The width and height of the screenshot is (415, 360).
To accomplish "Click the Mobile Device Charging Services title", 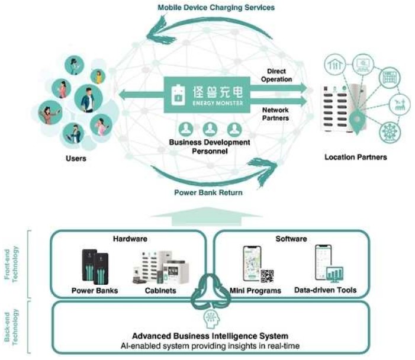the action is [x=216, y=8].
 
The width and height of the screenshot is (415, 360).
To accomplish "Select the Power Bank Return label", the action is [x=208, y=192].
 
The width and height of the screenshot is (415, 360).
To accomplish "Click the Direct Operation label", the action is [x=276, y=75].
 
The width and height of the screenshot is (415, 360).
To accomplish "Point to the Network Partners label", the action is [x=275, y=114].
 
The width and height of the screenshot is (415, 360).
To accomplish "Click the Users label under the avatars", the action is [x=76, y=158].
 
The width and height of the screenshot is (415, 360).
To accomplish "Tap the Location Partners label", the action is [x=356, y=157].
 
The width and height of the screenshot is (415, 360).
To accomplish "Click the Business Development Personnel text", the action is [x=210, y=147].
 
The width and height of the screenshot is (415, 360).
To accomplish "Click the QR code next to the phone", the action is [x=267, y=276].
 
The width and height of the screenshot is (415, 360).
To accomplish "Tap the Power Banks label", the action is [x=95, y=290].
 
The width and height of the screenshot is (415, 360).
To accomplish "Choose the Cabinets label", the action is [x=160, y=290].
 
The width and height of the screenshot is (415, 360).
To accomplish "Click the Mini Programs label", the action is [x=255, y=290].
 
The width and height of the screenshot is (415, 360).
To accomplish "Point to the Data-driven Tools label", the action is [x=325, y=290].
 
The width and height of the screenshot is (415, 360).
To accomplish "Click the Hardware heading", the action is [x=130, y=239].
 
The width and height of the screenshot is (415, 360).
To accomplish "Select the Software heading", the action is [x=291, y=239].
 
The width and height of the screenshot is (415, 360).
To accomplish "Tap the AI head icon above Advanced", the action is [x=212, y=319].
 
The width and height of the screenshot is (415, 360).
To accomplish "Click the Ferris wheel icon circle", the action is [x=390, y=132].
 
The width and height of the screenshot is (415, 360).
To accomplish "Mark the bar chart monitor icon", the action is [x=334, y=274].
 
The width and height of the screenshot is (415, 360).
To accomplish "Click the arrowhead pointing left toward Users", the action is [x=124, y=95].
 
